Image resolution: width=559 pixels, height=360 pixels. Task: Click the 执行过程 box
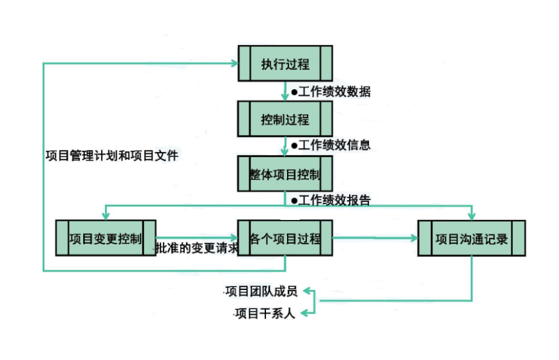pos(285,64)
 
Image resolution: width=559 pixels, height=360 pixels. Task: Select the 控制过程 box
pos(285,120)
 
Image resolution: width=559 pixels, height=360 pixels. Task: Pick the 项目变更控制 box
pos(106,238)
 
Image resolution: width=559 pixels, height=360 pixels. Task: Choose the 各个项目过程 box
pos(285,238)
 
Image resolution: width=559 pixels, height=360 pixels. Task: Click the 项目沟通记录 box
pos(472,238)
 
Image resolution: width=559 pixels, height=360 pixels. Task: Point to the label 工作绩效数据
pos(331,92)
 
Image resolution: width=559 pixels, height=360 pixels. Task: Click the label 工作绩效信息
pos(331,145)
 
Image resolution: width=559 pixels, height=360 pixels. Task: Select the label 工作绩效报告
pos(331,199)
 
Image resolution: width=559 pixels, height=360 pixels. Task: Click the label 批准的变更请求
pos(196,249)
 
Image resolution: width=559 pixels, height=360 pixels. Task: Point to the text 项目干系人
pos(265,312)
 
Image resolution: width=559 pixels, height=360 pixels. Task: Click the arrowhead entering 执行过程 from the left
pos(234,63)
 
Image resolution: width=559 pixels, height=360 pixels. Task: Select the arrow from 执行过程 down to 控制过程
pos(285,92)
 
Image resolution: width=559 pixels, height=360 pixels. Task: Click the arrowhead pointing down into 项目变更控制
pos(105,215)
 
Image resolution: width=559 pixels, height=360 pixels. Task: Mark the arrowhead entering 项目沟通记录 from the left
pos(414,238)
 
